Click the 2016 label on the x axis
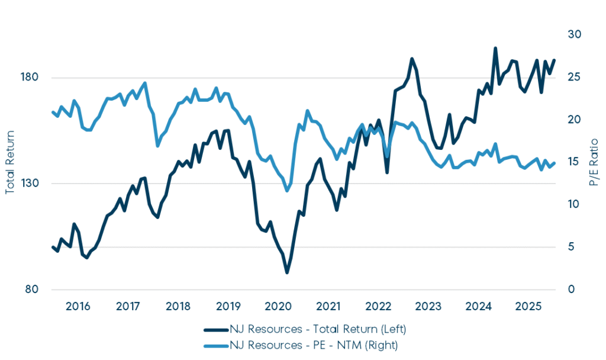(x=78, y=306)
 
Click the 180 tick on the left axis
(x=30, y=78)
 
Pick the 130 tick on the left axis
(x=30, y=184)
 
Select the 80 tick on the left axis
(x=31, y=290)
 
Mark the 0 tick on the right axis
(x=572, y=290)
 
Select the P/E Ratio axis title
(x=595, y=163)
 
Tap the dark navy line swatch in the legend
(x=217, y=329)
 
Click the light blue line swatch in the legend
(x=217, y=343)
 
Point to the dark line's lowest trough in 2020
(x=287, y=272)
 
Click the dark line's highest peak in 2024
(x=495, y=48)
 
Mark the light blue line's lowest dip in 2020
(x=288, y=191)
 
